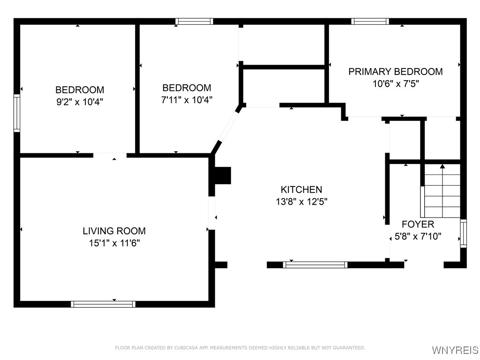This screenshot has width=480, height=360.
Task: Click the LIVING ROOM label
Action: pyautogui.click(x=114, y=231)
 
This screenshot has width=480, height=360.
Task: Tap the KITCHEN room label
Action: pyautogui.click(x=301, y=189)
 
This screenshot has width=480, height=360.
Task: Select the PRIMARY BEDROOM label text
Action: pyautogui.click(x=395, y=72)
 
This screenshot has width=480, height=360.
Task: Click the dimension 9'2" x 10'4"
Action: pyautogui.click(x=79, y=101)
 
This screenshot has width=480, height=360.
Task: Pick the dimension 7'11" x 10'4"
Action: pyautogui.click(x=187, y=99)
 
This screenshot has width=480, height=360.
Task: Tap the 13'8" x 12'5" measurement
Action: pyautogui.click(x=301, y=202)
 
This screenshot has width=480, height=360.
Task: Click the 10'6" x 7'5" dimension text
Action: pyautogui.click(x=395, y=84)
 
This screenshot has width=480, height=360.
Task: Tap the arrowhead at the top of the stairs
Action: pyautogui.click(x=442, y=166)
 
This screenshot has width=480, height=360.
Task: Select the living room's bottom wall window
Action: pyautogui.click(x=103, y=304)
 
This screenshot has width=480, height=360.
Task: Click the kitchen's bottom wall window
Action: pyautogui.click(x=315, y=265)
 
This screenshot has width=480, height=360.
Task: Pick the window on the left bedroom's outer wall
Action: pyautogui.click(x=17, y=113)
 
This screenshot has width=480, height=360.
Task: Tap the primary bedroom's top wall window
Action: pyautogui.click(x=370, y=21)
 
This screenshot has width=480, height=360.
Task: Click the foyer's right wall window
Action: pyautogui.click(x=463, y=233)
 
